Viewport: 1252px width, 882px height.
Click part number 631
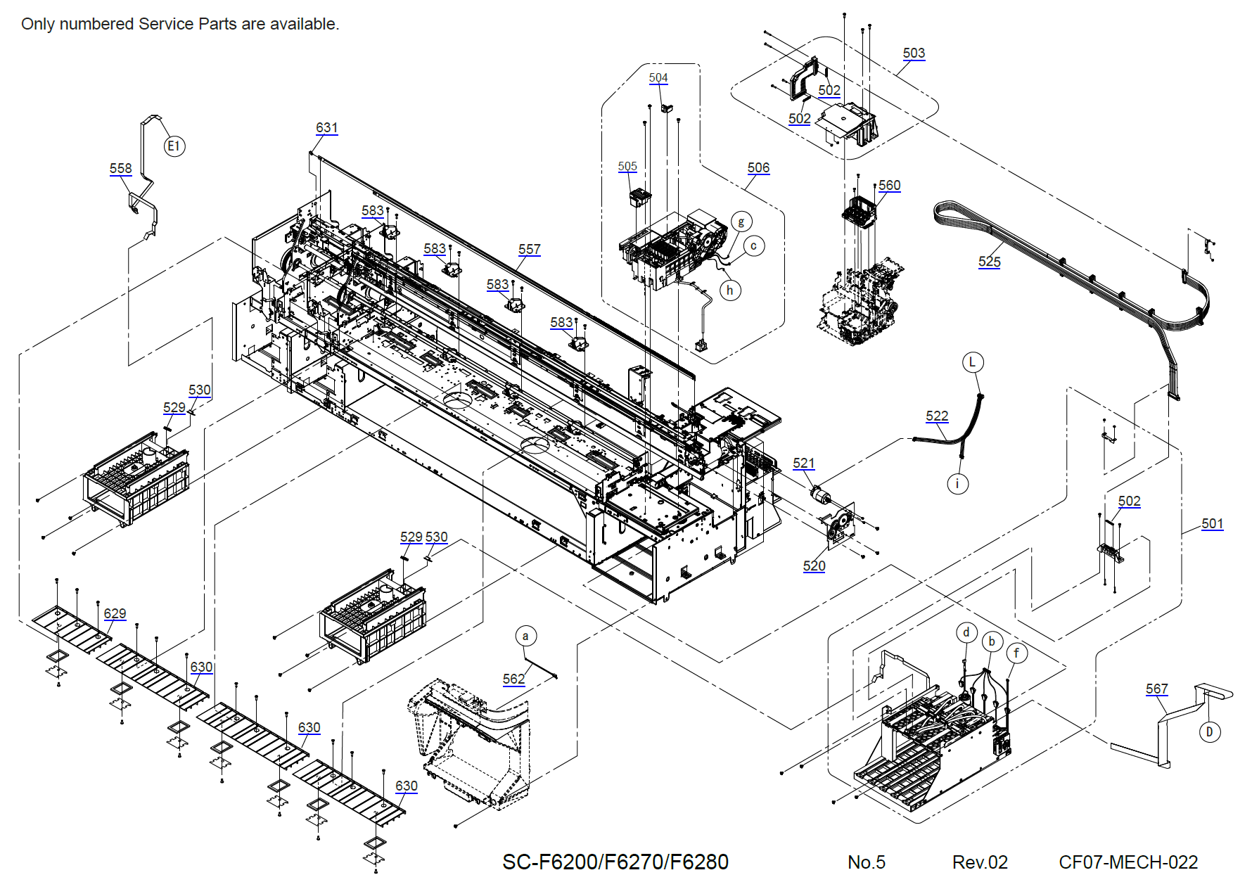[326, 128]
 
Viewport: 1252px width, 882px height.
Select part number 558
[120, 169]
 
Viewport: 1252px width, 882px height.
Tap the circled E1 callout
[174, 146]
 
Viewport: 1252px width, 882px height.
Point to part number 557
[529, 250]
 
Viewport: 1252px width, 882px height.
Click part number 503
[914, 53]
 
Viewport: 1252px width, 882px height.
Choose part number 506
[758, 168]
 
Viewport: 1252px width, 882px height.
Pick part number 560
[889, 186]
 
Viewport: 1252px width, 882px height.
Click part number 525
[989, 262]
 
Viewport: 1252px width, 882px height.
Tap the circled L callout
[972, 362]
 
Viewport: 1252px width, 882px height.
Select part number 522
[937, 416]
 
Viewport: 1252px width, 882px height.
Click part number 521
[803, 464]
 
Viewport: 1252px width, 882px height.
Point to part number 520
[814, 566]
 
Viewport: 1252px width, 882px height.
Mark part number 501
[1212, 524]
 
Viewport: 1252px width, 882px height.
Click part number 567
[1156, 689]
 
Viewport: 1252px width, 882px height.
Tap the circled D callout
[1209, 732]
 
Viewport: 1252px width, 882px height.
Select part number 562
[513, 679]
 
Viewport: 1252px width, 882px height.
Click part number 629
[115, 614]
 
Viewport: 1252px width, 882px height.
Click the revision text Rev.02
[980, 862]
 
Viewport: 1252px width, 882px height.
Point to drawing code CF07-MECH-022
[1128, 862]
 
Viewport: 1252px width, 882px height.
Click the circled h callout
[730, 290]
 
